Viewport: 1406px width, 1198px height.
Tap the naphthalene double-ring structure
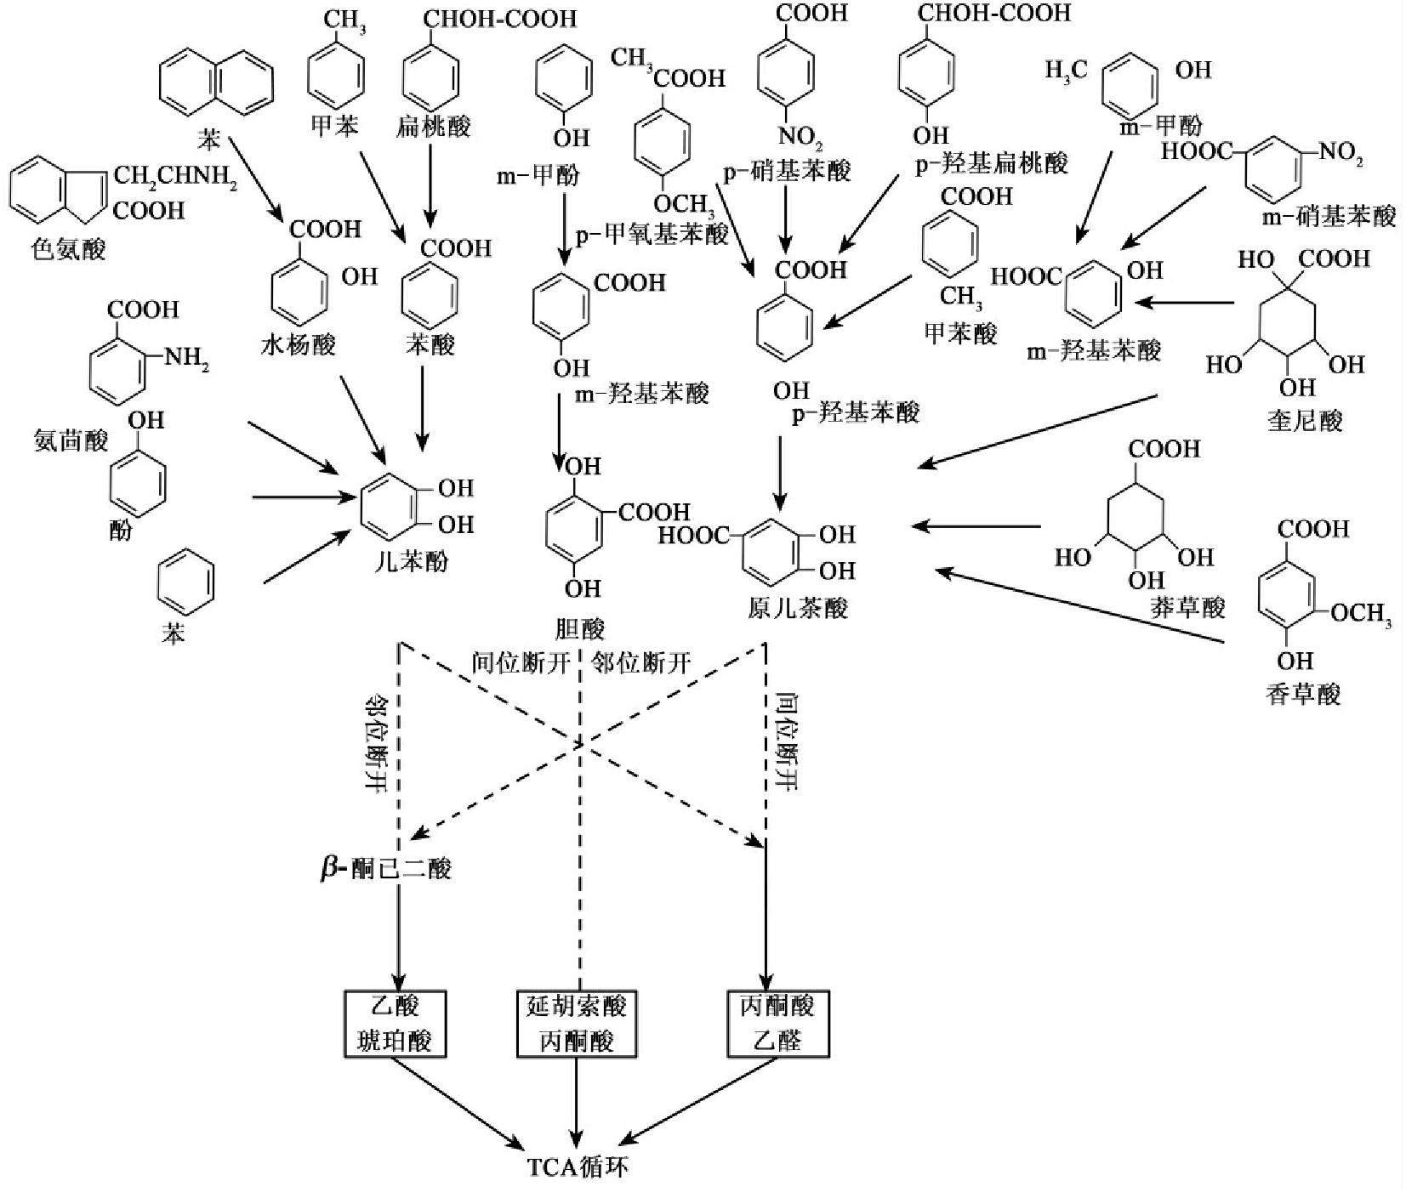pos(217,82)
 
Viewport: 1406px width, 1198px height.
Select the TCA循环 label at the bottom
pos(578,1166)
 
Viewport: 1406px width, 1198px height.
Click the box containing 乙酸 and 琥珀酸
pos(395,1024)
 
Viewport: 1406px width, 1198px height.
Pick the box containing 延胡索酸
pos(577,1024)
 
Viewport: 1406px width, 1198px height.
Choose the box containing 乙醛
pos(777,1024)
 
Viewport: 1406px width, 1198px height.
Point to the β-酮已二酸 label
pos(386,869)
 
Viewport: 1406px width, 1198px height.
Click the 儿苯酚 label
pos(412,562)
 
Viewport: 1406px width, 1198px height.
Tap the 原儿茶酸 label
pos(798,608)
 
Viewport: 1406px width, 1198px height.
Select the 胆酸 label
pos(579,628)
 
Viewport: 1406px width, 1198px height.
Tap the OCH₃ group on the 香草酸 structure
pos(1361,614)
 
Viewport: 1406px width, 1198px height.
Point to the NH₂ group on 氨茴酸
pos(185,358)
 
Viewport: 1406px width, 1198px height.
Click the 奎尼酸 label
pos(1304,420)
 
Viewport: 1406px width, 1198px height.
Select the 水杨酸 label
pos(298,344)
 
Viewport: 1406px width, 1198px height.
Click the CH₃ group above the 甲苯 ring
pos(344,20)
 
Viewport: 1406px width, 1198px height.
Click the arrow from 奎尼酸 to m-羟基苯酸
pos(1187,302)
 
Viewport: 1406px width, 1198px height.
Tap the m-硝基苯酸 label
pos(1329,217)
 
